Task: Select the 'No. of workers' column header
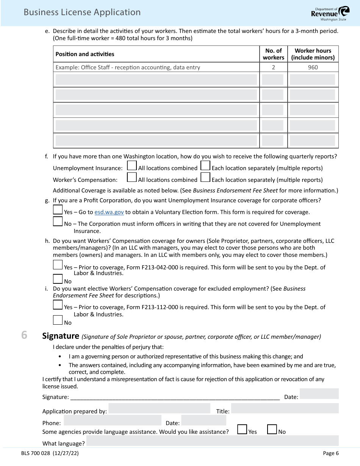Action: pos(273,54)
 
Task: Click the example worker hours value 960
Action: pos(313,67)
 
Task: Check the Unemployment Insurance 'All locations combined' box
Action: pos(132,166)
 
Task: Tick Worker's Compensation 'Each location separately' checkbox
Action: pos(205,177)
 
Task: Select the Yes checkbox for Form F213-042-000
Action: pos(58,265)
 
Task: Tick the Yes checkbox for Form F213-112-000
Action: pos(58,305)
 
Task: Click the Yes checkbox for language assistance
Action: pos(242,429)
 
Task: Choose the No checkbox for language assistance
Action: pos(272,429)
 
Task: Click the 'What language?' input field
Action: pos(212,441)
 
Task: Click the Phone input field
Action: pos(112,420)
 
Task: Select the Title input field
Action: pos(285,408)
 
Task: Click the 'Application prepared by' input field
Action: pos(159,408)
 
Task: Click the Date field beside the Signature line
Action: pos(319,394)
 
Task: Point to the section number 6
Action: pos(24,335)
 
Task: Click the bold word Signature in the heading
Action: pos(60,336)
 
